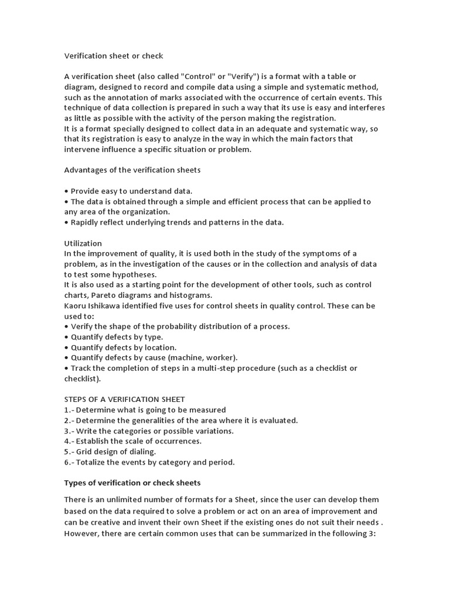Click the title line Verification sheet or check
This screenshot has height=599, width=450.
coord(114,56)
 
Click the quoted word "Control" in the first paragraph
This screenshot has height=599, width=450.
coord(200,77)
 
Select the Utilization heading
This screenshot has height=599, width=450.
coord(83,243)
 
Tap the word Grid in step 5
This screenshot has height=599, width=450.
coord(86,452)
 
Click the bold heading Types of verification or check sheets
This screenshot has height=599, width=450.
coord(132,483)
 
